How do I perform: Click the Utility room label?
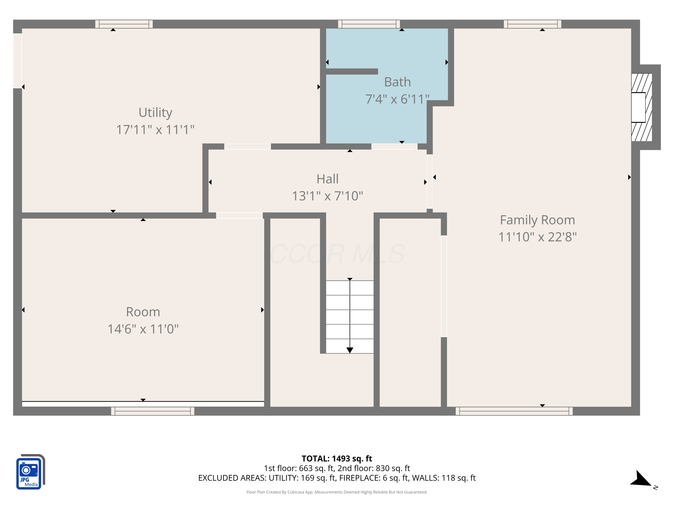click(155, 112)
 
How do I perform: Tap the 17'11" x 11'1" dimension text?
click(155, 130)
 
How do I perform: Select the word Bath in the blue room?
click(397, 82)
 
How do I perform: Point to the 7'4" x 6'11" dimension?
click(397, 99)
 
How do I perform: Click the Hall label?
click(328, 179)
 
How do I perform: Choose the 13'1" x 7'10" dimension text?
click(328, 196)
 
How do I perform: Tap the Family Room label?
click(537, 220)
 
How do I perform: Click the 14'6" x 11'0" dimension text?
click(143, 329)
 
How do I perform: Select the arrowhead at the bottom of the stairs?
click(350, 350)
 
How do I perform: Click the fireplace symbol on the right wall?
click(641, 107)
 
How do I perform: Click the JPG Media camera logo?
click(30, 472)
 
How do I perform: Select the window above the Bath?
click(369, 24)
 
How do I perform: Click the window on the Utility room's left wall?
click(17, 61)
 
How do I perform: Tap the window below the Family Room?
click(514, 411)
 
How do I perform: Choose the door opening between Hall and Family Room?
click(430, 181)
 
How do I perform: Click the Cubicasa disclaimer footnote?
click(337, 492)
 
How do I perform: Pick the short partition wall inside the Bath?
click(352, 71)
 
